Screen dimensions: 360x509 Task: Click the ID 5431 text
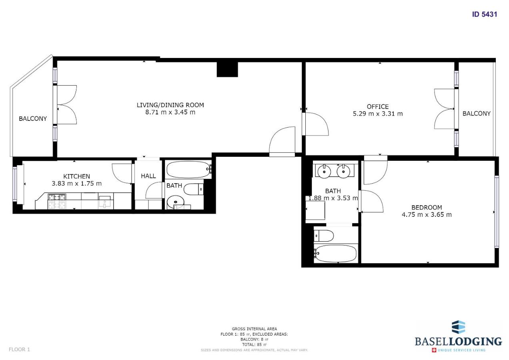pyautogui.click(x=484, y=14)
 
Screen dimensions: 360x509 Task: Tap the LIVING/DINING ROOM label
pyautogui.click(x=170, y=105)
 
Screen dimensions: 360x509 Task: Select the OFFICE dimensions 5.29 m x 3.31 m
pyautogui.click(x=377, y=114)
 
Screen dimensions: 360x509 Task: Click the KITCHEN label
pyautogui.click(x=76, y=176)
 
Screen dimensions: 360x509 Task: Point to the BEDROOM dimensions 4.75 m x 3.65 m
pyautogui.click(x=427, y=214)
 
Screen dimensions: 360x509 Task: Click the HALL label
pyautogui.click(x=148, y=176)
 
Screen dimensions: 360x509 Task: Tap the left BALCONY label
pyautogui.click(x=33, y=119)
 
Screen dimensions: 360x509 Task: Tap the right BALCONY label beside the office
pyautogui.click(x=476, y=114)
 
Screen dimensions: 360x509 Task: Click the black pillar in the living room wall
pyautogui.click(x=227, y=69)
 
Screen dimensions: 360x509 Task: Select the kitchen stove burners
pyautogui.click(x=57, y=201)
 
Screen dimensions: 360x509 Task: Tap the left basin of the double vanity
pyautogui.click(x=323, y=172)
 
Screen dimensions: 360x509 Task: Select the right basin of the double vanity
pyautogui.click(x=343, y=172)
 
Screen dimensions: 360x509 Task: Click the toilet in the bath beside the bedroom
pyautogui.click(x=324, y=236)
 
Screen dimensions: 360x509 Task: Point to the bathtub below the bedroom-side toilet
pyautogui.click(x=335, y=253)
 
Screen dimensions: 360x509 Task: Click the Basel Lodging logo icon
pyautogui.click(x=458, y=327)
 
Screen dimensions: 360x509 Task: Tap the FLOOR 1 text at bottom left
pyautogui.click(x=19, y=349)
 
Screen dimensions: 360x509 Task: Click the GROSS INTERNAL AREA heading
pyautogui.click(x=254, y=329)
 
